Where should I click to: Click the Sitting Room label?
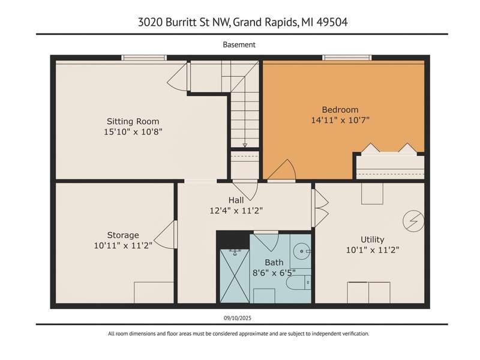pyautogui.click(x=133, y=121)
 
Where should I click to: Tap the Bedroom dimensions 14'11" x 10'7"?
pyautogui.click(x=340, y=120)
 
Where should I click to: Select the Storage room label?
pyautogui.click(x=123, y=235)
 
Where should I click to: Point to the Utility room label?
pyautogui.click(x=372, y=239)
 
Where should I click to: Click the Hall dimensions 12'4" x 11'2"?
pyautogui.click(x=236, y=211)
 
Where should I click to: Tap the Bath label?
pyautogui.click(x=274, y=262)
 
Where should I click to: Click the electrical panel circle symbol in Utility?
pyautogui.click(x=413, y=221)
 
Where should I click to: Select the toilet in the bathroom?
pyautogui.click(x=298, y=282)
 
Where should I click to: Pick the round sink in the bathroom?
pyautogui.click(x=302, y=251)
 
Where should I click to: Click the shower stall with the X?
pyautogui.click(x=235, y=276)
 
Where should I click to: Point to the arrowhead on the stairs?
pyautogui.click(x=245, y=145)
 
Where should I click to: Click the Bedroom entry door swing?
pyautogui.click(x=281, y=170)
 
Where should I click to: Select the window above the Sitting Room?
pyautogui.click(x=144, y=58)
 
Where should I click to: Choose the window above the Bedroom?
pyautogui.click(x=347, y=58)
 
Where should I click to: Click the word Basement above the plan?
pyautogui.click(x=239, y=44)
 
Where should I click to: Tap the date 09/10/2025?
pyautogui.click(x=237, y=318)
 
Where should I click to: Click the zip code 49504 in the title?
pyautogui.click(x=332, y=22)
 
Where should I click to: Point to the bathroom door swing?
pyautogui.click(x=266, y=242)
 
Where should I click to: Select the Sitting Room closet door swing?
pyautogui.click(x=178, y=77)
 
